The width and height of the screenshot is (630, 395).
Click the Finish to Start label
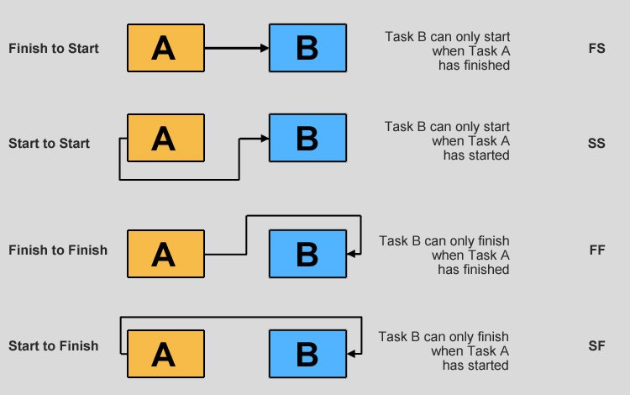pyautogui.click(x=53, y=49)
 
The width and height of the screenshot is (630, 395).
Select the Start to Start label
pyautogui.click(x=49, y=144)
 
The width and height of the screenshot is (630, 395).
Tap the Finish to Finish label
pyautogui.click(x=57, y=250)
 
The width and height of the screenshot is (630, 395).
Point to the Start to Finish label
pyautogui.click(x=53, y=345)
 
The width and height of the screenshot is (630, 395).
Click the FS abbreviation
pyautogui.click(x=597, y=49)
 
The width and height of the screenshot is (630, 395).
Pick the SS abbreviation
pyautogui.click(x=597, y=144)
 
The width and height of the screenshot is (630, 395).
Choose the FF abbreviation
pyautogui.click(x=597, y=250)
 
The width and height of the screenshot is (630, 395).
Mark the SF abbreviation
pyautogui.click(x=597, y=345)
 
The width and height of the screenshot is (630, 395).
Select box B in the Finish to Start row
pyautogui.click(x=307, y=48)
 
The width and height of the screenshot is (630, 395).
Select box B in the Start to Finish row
pyautogui.click(x=307, y=353)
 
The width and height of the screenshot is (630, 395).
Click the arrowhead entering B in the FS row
pyautogui.click(x=265, y=48)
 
